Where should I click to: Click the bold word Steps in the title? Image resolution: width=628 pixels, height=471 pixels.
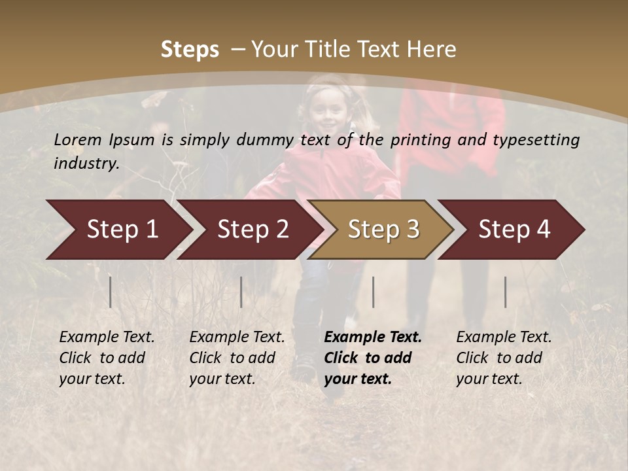(x=190, y=49)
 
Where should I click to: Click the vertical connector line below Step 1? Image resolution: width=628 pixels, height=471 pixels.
(x=111, y=292)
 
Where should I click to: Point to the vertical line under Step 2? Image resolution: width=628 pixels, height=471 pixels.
(x=241, y=292)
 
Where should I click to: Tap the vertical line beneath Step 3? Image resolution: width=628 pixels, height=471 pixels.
(x=373, y=292)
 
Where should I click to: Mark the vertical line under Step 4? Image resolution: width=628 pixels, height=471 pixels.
(x=506, y=292)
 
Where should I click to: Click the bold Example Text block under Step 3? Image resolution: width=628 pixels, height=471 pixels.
(x=373, y=358)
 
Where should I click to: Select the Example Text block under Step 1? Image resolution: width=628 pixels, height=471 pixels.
(x=107, y=358)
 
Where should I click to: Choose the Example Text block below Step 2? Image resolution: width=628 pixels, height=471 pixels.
(x=237, y=358)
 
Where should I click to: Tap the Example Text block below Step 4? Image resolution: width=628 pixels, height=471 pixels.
(x=504, y=358)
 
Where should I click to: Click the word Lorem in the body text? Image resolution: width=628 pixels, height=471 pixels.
(x=78, y=139)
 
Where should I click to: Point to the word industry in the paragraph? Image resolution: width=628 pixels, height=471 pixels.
(x=86, y=164)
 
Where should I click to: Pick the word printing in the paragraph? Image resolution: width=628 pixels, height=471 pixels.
(x=421, y=140)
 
